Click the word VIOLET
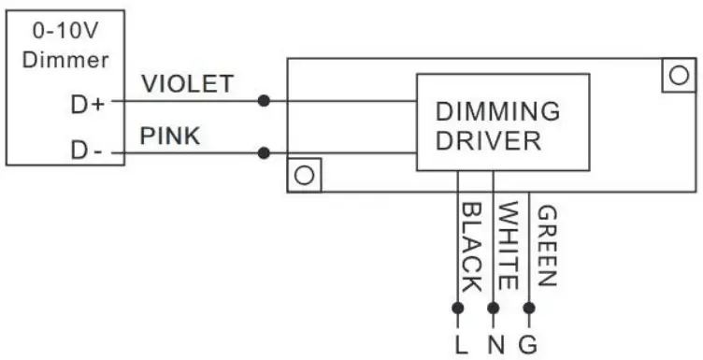coord(187,84)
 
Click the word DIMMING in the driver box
coord(498,111)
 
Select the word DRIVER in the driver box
coord(487,141)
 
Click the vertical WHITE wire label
coord(507,246)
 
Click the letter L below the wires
coord(460,345)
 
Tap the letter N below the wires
coord(495,345)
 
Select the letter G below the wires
coord(528,345)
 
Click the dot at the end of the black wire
coord(458,307)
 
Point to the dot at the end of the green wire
coord(529,307)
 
